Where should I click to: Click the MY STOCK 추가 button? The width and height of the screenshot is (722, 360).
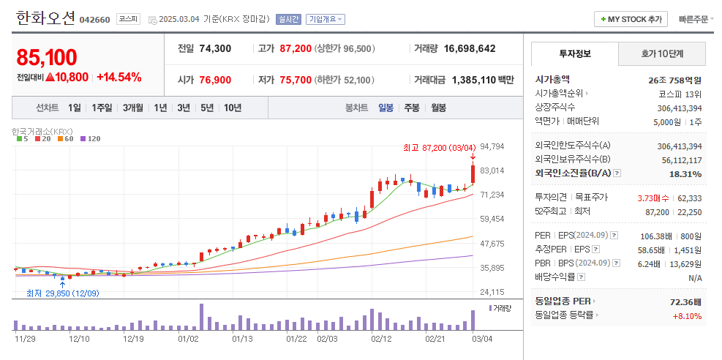click(x=631, y=19)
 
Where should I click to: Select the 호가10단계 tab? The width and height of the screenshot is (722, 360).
click(x=662, y=54)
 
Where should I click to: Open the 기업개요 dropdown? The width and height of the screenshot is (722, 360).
click(x=326, y=19)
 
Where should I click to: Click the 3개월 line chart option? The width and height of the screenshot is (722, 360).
click(x=132, y=108)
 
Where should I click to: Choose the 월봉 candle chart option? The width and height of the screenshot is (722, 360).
click(x=438, y=108)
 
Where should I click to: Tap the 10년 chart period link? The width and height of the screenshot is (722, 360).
click(x=233, y=108)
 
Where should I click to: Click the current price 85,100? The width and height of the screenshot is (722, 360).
click(x=47, y=58)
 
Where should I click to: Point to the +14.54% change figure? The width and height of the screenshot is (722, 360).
click(x=119, y=78)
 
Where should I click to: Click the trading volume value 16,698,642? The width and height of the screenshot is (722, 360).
click(x=470, y=48)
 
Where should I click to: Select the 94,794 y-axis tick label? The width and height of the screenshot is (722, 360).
click(x=492, y=146)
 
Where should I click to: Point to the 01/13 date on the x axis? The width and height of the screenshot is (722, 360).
click(x=241, y=340)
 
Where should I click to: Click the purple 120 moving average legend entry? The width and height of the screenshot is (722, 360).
click(x=90, y=138)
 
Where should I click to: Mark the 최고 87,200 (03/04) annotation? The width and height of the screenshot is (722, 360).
click(x=439, y=147)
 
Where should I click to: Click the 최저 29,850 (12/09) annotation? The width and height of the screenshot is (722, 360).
click(x=63, y=293)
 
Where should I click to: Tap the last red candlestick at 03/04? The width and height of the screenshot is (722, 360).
click(x=473, y=174)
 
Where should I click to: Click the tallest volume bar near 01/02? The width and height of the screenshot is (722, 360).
click(x=201, y=317)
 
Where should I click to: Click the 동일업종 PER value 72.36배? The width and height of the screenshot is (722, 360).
click(x=685, y=302)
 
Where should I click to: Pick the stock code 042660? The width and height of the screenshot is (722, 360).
click(x=95, y=20)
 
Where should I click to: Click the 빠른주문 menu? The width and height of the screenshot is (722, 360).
click(x=696, y=19)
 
